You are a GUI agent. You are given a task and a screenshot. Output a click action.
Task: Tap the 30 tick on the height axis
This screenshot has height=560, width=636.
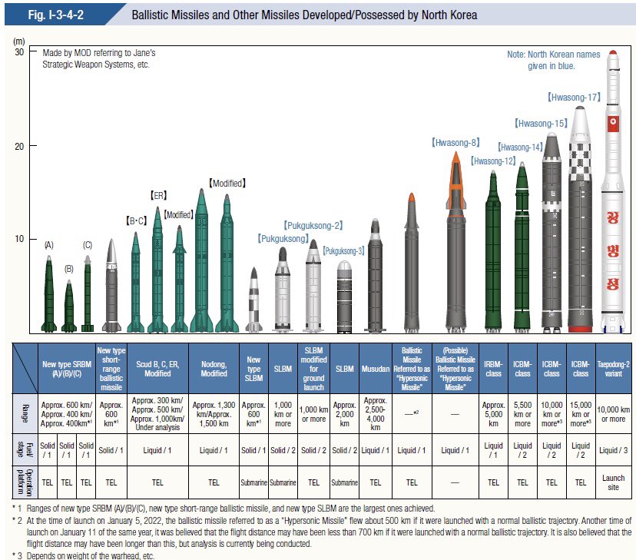click(19, 51)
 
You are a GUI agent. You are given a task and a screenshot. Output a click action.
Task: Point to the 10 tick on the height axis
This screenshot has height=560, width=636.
click(19, 239)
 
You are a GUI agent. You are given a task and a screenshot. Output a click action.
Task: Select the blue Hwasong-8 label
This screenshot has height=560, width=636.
click(455, 142)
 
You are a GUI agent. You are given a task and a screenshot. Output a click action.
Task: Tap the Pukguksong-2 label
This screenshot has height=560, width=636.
click(313, 226)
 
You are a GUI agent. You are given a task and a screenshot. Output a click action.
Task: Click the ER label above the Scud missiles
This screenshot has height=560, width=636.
click(157, 196)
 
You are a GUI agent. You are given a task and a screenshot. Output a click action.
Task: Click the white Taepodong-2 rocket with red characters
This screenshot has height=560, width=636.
click(612, 200)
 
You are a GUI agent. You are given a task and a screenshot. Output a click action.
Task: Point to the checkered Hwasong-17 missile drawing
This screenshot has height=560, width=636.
click(581, 223)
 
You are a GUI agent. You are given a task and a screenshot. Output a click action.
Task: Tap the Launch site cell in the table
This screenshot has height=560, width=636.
click(614, 482)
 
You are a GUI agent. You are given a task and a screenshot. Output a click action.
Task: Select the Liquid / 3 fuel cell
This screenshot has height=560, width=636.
click(614, 450)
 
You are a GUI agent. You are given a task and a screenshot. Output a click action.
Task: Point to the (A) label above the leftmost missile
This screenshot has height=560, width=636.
click(49, 244)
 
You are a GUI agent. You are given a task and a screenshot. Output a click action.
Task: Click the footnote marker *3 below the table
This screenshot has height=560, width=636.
click(15, 555)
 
